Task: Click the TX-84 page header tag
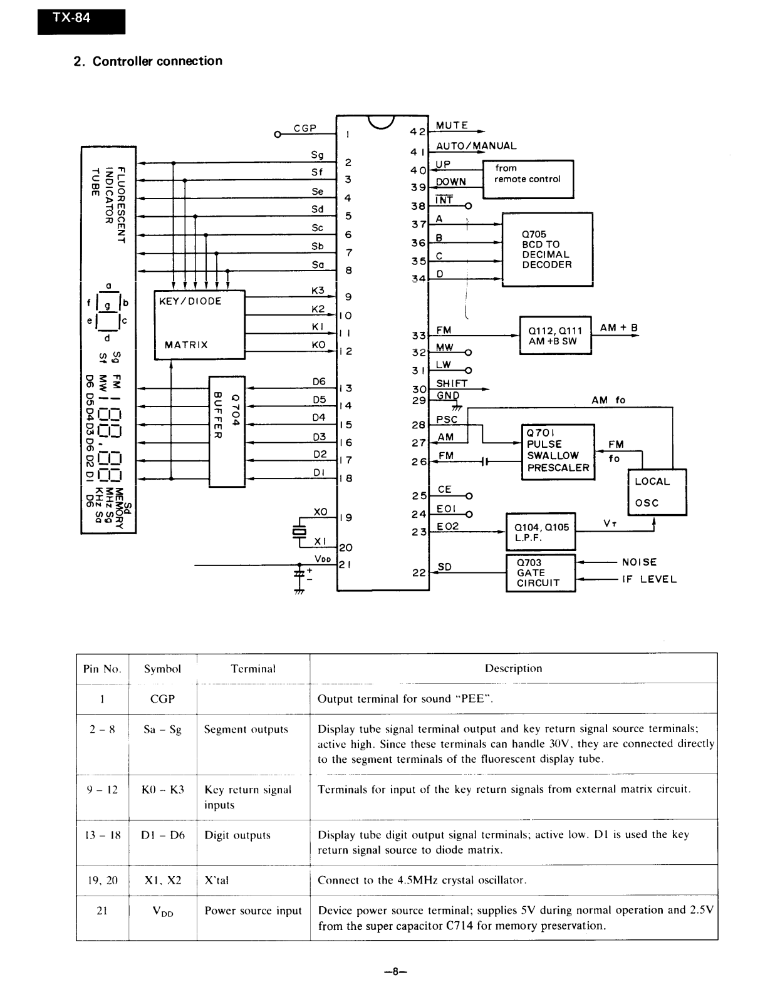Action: pos(81,22)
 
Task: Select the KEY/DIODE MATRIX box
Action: pos(199,324)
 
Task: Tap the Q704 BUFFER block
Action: pos(227,431)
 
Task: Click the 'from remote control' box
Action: pos(528,179)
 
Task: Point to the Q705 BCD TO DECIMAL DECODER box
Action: pos(548,249)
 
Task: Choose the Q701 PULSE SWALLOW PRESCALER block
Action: pos(558,452)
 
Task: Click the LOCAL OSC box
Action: pos(657,492)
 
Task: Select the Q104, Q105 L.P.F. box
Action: pos(541,532)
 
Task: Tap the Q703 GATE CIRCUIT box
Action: pos(541,572)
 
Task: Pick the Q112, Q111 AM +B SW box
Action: pos(556,335)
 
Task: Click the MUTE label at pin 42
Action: pos(452,125)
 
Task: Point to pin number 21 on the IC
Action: pos(345,564)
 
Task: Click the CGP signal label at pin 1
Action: pos(305,128)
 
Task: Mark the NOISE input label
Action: pos(640,562)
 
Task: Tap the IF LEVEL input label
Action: pos(650,579)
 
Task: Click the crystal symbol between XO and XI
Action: pos(299,532)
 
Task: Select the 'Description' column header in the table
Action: pos(514,668)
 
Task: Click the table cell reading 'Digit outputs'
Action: pos(237,835)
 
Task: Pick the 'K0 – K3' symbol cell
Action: pos(163,790)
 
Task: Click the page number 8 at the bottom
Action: pos(395,971)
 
